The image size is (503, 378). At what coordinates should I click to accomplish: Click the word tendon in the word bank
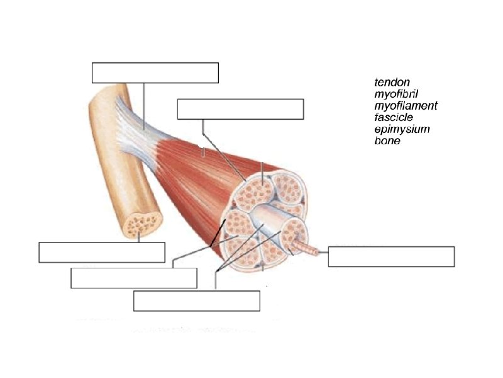coord(392,83)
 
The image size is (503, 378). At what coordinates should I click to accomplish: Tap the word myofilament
coord(406,106)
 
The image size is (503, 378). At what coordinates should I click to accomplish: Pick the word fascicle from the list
coord(394,117)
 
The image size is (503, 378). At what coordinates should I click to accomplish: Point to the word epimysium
coord(402,129)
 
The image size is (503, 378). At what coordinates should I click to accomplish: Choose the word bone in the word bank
coord(387,140)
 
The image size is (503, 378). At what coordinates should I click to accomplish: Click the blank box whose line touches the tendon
coord(155,73)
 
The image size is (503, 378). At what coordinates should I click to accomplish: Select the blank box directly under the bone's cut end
coord(102,252)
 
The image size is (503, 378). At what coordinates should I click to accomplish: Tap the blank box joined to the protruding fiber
coord(391,257)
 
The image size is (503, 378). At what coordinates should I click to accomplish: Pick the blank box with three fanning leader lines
coord(197,301)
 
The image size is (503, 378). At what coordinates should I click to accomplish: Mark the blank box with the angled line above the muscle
coord(241,109)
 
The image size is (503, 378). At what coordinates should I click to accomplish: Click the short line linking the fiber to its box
coord(322,252)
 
